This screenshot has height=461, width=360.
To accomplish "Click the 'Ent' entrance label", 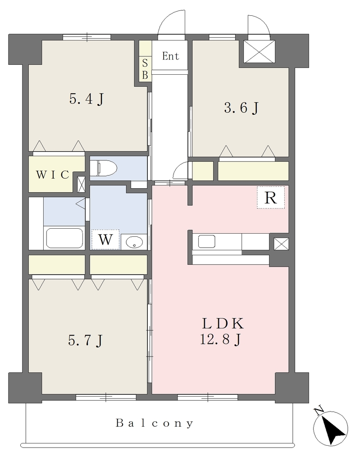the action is [170, 56].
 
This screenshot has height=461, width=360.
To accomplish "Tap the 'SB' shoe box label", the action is [145, 69].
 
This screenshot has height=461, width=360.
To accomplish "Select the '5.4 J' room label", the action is [87, 99].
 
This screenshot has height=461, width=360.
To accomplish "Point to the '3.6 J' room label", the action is [241, 108].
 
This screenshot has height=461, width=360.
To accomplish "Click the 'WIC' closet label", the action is [53, 175].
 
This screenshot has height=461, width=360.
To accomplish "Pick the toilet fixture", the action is [103, 168].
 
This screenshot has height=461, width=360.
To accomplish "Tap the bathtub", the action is [64, 238].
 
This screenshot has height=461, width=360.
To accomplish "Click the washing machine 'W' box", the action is [105, 240].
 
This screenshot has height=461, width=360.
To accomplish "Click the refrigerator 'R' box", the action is [270, 198].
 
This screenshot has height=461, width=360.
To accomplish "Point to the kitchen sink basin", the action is [206, 242].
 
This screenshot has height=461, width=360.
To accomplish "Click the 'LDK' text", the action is [223, 324].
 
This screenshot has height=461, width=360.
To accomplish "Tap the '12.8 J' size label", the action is [221, 339].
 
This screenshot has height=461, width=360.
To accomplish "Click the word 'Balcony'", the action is [155, 423].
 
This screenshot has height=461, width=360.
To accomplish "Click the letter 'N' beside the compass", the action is [318, 411].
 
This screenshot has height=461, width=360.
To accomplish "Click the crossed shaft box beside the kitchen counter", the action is [279, 244].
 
